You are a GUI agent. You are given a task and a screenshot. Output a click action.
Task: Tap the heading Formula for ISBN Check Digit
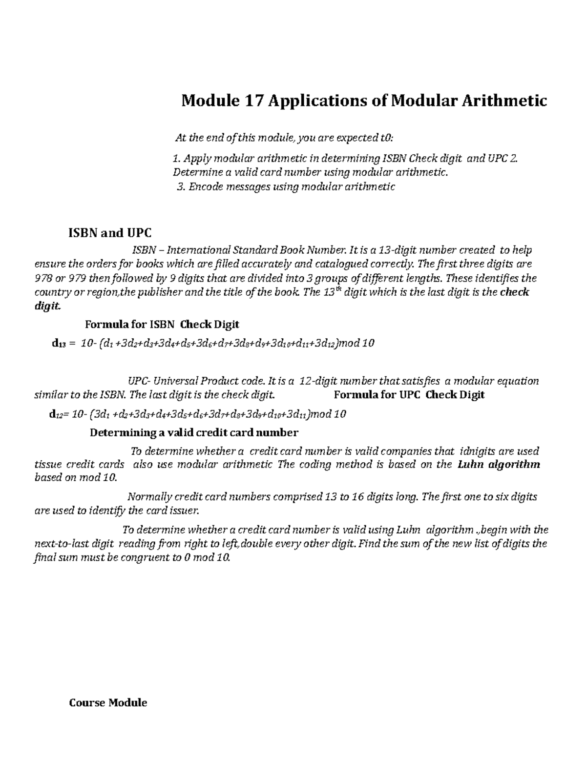(x=162, y=324)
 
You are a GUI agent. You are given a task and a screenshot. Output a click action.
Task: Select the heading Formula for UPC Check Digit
(x=409, y=395)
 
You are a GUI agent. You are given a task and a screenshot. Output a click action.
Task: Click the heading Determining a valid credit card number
(x=194, y=432)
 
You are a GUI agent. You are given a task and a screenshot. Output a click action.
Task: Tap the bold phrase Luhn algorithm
(x=499, y=464)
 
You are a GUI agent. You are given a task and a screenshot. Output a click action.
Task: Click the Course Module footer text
(x=108, y=703)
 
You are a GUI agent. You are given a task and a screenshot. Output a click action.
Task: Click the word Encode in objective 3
(x=204, y=186)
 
